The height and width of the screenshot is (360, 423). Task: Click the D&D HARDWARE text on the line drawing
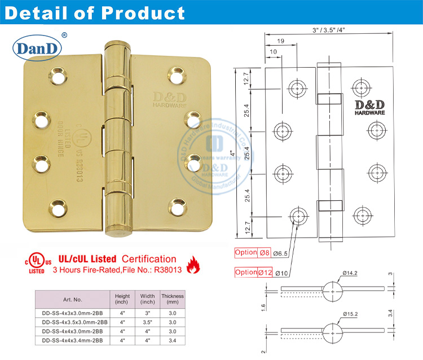tap(369, 108)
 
